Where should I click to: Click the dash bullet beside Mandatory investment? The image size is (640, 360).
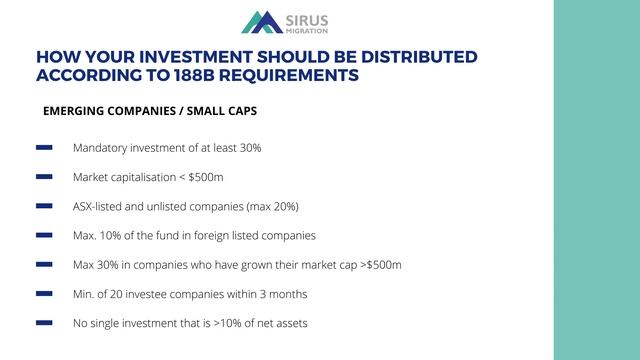click(44, 148)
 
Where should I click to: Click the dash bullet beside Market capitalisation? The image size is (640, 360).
click(44, 177)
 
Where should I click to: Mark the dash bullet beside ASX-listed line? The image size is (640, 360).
click(44, 206)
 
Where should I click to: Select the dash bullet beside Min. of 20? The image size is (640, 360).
click(44, 294)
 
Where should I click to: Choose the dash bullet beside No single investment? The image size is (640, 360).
click(44, 323)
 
